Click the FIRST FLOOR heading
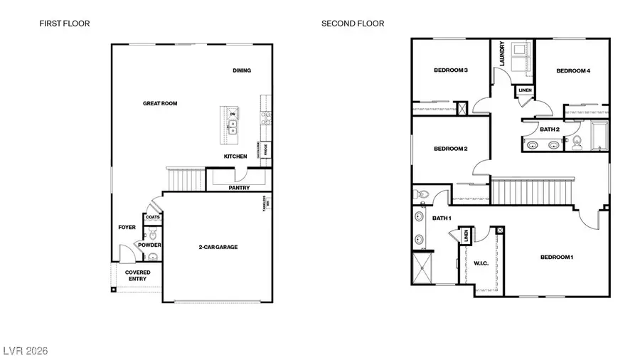pos(64,23)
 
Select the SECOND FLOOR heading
pos(353,23)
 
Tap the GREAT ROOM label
pos(160,104)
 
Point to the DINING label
pos(242,70)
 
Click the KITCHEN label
pos(235,157)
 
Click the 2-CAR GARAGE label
pos(218,248)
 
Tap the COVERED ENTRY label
pos(137,275)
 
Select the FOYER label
pos(127,228)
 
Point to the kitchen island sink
pos(233,126)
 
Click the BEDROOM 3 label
pos(450,70)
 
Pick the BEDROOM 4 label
pos(573,70)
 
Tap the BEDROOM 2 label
pos(450,149)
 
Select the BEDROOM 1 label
pos(556,257)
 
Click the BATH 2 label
pos(550,129)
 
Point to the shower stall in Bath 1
pos(425,270)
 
